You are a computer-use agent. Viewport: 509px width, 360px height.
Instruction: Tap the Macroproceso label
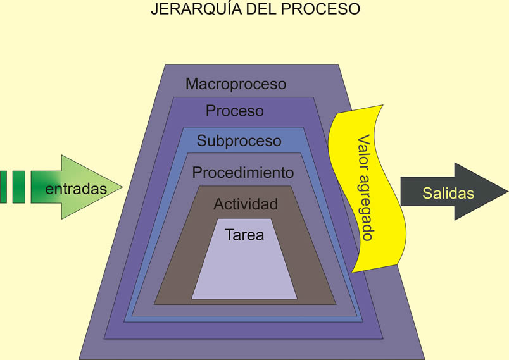[236, 84]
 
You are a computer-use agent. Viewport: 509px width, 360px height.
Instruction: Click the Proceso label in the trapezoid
[235, 111]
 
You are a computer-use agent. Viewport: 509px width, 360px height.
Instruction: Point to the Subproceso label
[239, 140]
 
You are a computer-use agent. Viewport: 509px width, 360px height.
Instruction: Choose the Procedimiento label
[242, 172]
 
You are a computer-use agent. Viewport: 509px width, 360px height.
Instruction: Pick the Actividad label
[246, 204]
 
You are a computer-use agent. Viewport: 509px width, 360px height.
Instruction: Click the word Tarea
[244, 235]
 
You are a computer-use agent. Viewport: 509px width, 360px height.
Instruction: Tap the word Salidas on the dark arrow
[448, 193]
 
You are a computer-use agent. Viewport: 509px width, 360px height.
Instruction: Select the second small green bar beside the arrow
[18, 187]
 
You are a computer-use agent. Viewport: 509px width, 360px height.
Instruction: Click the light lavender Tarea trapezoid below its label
[244, 272]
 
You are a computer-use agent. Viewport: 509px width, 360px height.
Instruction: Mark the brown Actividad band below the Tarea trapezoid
[244, 301]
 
